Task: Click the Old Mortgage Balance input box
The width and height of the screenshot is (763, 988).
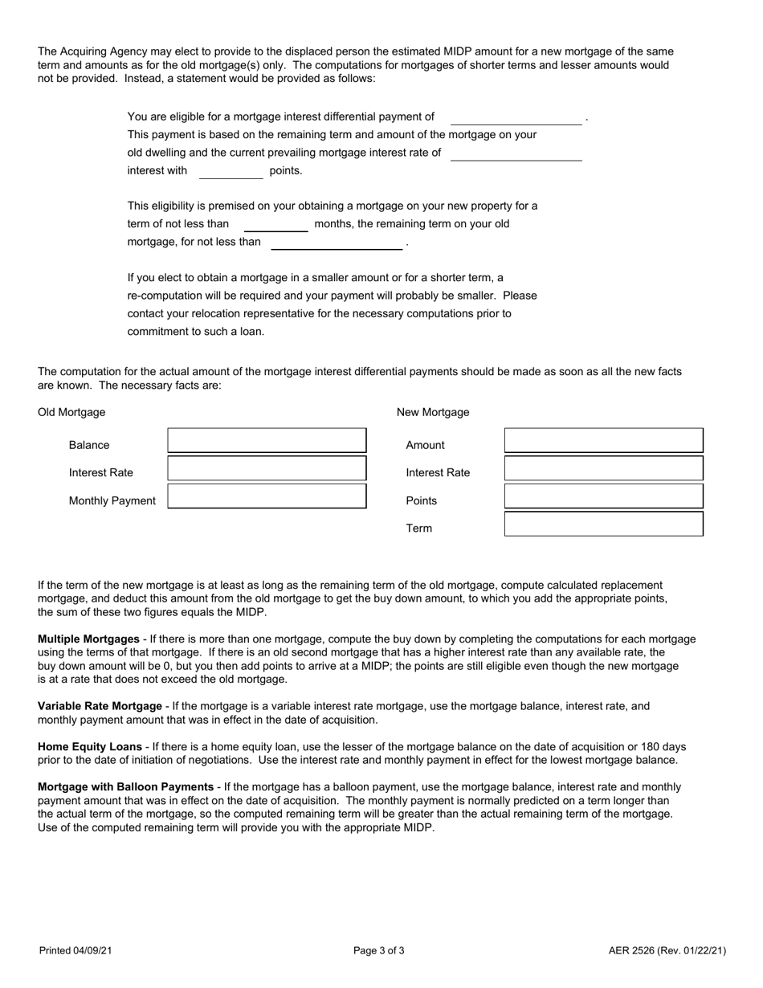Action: tap(267, 441)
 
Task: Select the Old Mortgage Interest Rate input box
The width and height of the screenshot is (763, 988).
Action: tap(267, 468)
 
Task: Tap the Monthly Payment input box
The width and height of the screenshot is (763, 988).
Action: tap(267, 496)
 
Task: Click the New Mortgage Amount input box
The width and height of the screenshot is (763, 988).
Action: tap(603, 441)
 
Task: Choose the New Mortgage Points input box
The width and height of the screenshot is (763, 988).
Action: tap(603, 496)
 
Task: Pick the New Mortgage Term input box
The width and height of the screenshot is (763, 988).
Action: tap(603, 525)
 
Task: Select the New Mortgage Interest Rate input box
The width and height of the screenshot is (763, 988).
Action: tap(603, 468)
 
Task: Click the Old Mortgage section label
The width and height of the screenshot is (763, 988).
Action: tap(71, 412)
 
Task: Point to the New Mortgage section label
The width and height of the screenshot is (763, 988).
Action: tap(433, 412)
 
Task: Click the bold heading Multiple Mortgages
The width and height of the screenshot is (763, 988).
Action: tap(88, 639)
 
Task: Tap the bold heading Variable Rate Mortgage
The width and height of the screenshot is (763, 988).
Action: tap(100, 706)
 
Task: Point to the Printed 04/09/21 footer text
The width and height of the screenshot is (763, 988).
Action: tap(75, 951)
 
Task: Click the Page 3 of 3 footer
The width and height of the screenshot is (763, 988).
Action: tap(379, 951)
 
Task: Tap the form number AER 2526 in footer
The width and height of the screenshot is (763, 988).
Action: tap(667, 951)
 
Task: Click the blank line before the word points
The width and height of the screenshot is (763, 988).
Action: tap(231, 173)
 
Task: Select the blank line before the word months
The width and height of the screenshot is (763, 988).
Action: tap(275, 226)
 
